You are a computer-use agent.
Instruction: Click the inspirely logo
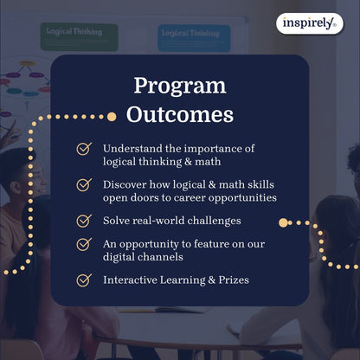click(309, 23)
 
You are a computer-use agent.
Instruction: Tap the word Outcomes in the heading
click(179, 114)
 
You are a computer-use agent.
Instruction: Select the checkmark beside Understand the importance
click(84, 148)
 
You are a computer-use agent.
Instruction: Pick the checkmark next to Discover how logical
click(84, 184)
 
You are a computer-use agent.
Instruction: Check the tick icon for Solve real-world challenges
click(84, 221)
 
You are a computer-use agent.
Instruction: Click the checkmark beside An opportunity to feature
click(84, 244)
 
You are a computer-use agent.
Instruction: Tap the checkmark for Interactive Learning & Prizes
click(84, 280)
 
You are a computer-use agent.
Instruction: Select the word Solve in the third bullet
click(119, 221)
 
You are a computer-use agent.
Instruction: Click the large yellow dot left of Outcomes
click(111, 116)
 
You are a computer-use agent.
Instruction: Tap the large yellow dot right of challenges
click(283, 222)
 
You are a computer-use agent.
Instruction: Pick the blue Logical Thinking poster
click(194, 37)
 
